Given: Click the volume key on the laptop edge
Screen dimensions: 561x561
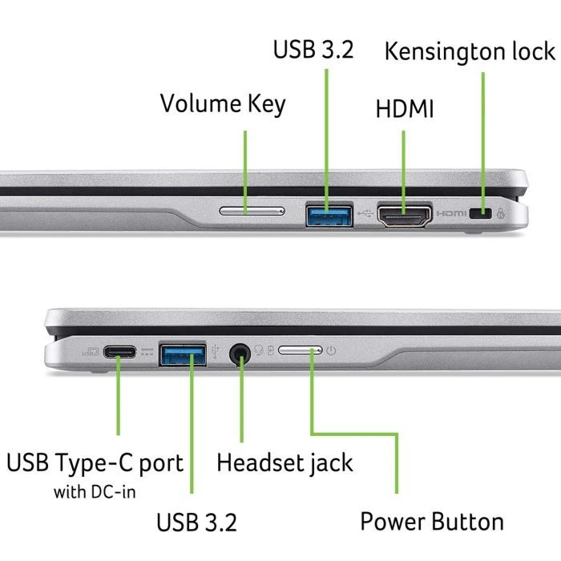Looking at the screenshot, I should coord(251,212).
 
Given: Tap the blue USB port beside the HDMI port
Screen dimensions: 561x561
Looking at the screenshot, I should coord(329,214).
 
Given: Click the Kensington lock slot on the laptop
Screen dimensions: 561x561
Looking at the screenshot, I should coord(481,214).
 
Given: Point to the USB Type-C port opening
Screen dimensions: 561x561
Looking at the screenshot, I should coord(119,353).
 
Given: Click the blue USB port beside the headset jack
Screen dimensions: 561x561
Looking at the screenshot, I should coord(183,353).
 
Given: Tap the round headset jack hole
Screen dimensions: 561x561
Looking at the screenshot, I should coord(240,353).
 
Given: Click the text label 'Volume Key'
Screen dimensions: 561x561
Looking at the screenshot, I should coord(222,104).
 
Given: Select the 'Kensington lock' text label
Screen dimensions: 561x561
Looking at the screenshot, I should coord(469,51).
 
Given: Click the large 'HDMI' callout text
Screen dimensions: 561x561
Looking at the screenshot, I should coord(404,109).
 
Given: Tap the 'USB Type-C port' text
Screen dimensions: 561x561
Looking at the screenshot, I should coord(95,462).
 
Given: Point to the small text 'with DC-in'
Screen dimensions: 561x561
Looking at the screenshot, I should coord(95,491).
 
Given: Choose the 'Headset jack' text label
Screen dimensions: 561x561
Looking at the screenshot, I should coord(285,462).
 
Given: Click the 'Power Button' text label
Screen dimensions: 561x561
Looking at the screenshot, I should coord(432,522).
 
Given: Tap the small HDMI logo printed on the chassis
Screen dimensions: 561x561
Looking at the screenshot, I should coord(451,214).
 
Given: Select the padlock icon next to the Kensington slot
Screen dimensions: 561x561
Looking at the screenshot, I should coord(502,214).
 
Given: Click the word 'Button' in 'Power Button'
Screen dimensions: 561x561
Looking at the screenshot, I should coord(468,522).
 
